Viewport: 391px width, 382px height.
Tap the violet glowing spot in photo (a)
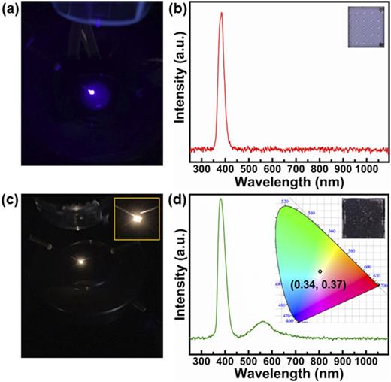(x=89, y=93)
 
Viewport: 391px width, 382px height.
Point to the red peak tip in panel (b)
(x=221, y=13)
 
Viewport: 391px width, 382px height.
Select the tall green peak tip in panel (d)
(x=220, y=199)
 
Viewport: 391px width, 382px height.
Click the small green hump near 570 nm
(x=262, y=323)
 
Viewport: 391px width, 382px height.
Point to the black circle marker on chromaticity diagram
(x=320, y=271)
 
